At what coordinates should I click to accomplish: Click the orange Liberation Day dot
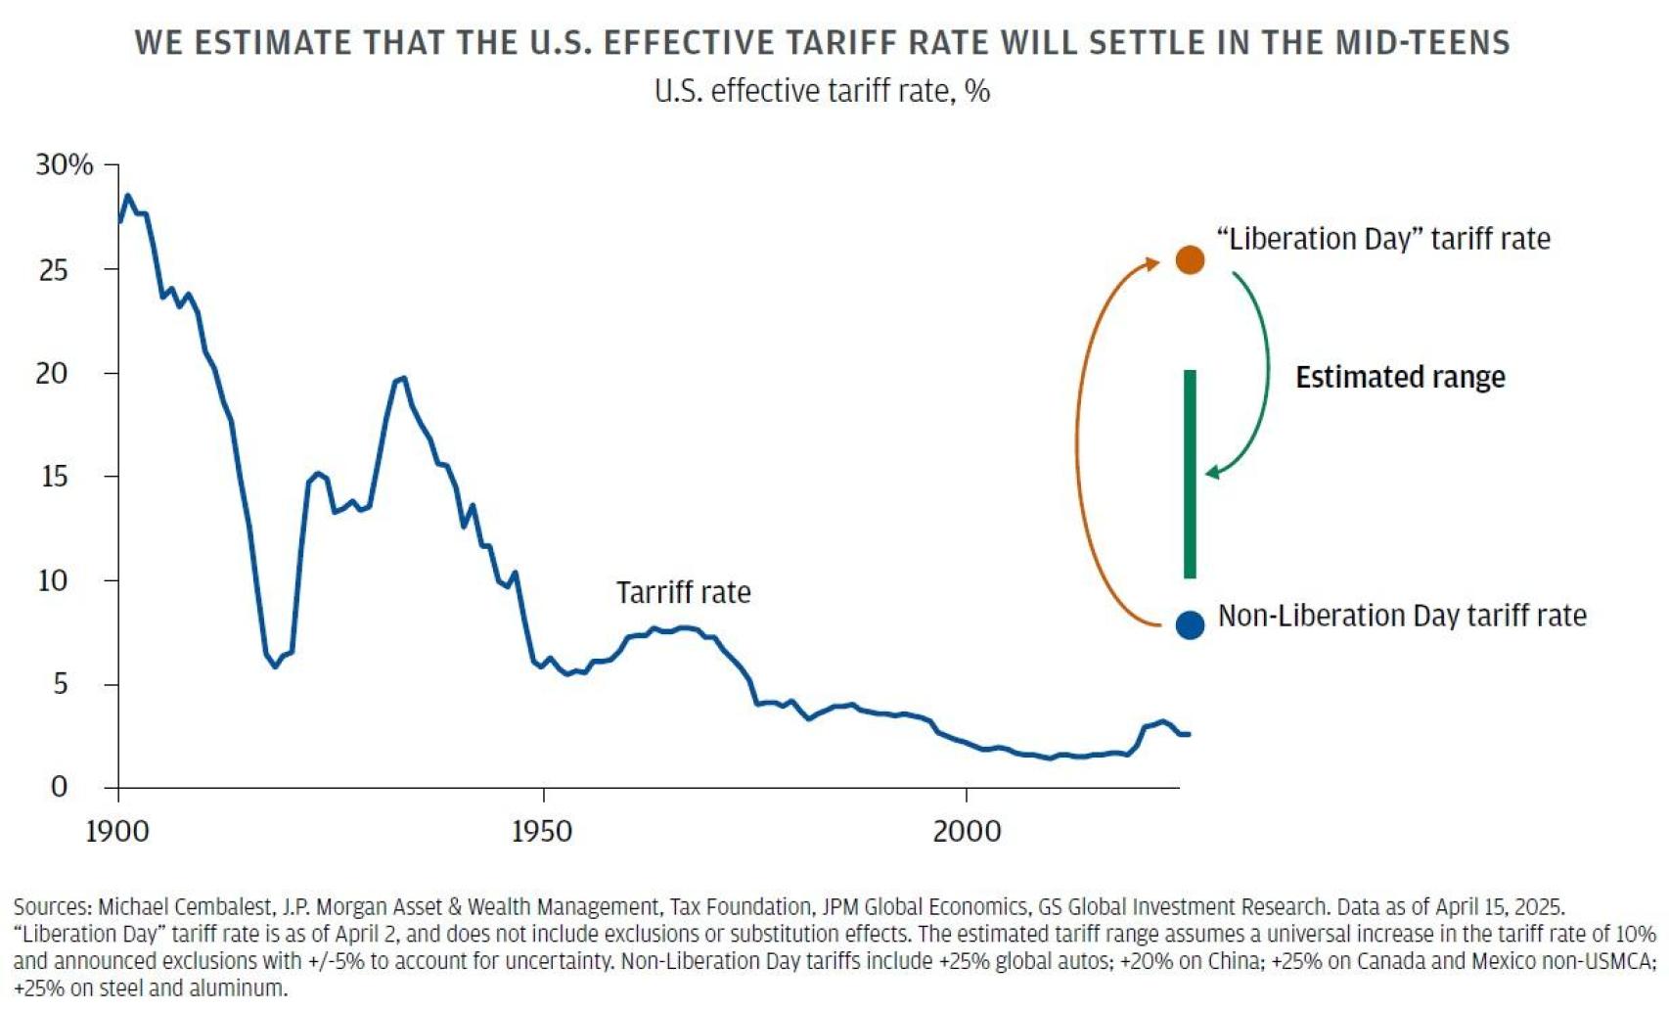coord(1190,259)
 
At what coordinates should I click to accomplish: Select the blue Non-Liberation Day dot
coord(1190,624)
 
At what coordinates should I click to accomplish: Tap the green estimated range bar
coord(1190,474)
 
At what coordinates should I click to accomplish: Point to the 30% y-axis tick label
coord(65,164)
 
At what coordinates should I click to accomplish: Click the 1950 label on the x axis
coord(542,831)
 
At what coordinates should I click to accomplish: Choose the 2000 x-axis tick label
coord(967,831)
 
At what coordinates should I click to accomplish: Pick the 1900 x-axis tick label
coord(117,831)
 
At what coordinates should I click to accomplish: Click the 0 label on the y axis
coord(59,787)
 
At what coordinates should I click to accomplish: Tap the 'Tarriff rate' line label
coord(683,592)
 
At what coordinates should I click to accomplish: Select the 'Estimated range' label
coord(1400,377)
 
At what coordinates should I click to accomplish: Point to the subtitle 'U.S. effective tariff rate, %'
coord(822,91)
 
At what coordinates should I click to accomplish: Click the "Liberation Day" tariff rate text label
coord(1383,239)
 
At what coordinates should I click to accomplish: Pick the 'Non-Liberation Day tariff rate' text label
coord(1402,616)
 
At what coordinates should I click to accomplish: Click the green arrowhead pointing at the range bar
coord(1213,473)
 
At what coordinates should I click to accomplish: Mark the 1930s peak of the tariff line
coord(403,378)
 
